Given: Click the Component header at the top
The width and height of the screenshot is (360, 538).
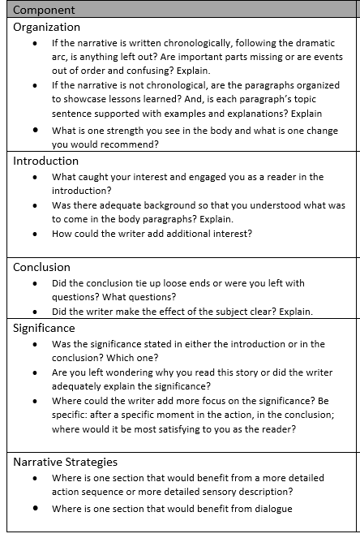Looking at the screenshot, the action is (x=44, y=10).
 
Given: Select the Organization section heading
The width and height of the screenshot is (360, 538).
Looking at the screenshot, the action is (x=46, y=27).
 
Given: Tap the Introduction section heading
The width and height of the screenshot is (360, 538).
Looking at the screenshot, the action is (x=45, y=161).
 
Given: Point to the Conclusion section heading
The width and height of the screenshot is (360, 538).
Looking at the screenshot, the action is (x=41, y=267).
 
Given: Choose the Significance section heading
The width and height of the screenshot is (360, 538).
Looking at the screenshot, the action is (x=44, y=328).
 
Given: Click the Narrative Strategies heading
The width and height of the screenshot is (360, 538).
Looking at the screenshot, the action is (x=65, y=462).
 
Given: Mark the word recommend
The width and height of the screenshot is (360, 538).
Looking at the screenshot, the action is (x=131, y=144).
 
